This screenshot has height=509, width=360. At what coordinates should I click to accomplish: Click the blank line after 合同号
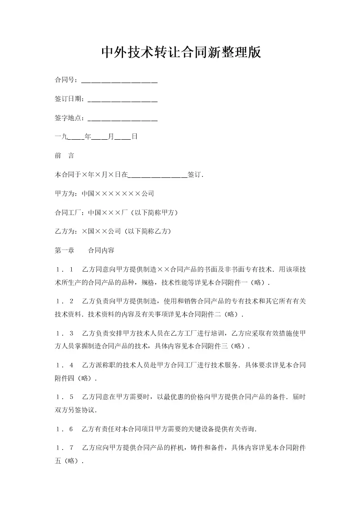pyautogui.click(x=119, y=82)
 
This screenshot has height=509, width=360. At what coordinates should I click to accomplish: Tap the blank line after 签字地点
pyautogui.click(x=122, y=119)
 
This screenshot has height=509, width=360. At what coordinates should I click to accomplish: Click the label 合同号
pyautogui.click(x=64, y=80)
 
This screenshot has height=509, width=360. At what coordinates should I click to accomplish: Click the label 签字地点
pyautogui.click(x=68, y=118)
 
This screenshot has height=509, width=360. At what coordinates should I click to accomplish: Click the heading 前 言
pyautogui.click(x=64, y=156)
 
